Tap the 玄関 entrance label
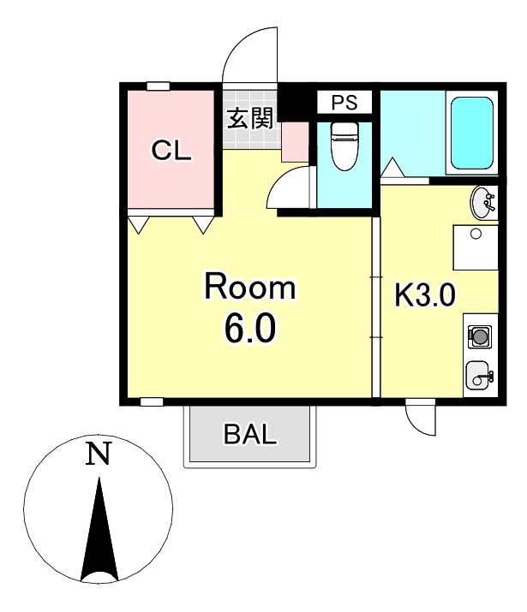[249, 118]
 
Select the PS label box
[344, 103]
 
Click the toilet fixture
[344, 146]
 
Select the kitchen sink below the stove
[478, 374]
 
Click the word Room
[249, 287]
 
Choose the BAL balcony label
[250, 435]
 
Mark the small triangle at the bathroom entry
[392, 167]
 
